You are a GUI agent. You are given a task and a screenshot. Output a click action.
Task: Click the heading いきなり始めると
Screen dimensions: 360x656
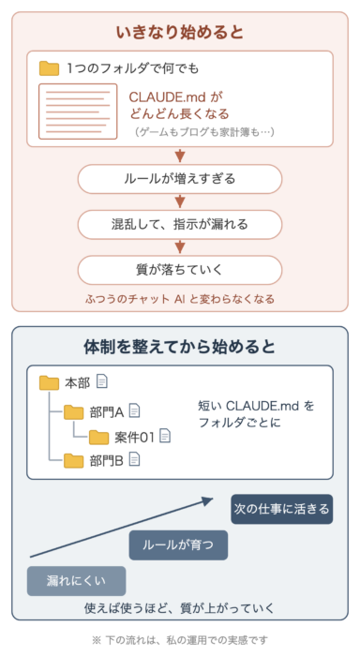pos(180,32)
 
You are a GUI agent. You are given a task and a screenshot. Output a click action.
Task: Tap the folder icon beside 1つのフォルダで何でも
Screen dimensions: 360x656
pos(49,68)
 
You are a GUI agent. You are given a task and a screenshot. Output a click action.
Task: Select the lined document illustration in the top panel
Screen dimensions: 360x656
pos(78,112)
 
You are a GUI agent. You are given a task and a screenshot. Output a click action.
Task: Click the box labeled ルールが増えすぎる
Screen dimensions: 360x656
pos(180,179)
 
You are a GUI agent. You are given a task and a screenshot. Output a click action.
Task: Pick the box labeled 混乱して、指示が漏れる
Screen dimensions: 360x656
pos(180,224)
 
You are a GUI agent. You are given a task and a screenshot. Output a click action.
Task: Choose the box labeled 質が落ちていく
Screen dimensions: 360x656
pos(180,270)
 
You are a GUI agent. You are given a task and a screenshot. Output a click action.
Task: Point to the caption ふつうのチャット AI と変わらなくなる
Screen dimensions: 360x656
pos(180,299)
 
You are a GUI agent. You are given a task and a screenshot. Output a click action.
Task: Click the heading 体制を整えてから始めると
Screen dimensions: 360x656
pos(180,347)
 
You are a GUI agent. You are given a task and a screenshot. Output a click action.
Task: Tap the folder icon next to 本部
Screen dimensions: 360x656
pos(49,382)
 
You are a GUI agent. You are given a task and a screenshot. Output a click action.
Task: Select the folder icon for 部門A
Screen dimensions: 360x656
pos(74,412)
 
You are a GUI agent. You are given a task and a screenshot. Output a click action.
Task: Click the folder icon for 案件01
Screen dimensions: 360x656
pos(98,437)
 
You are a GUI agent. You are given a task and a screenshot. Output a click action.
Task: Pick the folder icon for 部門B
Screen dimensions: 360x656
pos(74,461)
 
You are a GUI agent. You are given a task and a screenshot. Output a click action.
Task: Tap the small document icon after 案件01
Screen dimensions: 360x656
pos(165,436)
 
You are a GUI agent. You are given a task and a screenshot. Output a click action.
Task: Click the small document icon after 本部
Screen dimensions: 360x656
pos(102,381)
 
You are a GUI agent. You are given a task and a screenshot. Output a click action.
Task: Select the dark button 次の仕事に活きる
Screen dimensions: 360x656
pos(282,509)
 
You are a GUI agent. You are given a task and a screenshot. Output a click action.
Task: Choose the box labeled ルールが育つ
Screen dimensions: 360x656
pos(178,545)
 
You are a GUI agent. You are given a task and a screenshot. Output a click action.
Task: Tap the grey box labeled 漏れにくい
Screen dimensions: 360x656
pos(76,581)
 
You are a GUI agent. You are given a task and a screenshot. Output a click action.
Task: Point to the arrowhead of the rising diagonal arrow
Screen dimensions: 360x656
pos(208,500)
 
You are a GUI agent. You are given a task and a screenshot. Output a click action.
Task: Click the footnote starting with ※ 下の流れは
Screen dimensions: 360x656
pos(180,640)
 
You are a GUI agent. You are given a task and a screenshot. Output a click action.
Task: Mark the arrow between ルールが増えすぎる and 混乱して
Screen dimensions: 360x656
pos(180,201)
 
